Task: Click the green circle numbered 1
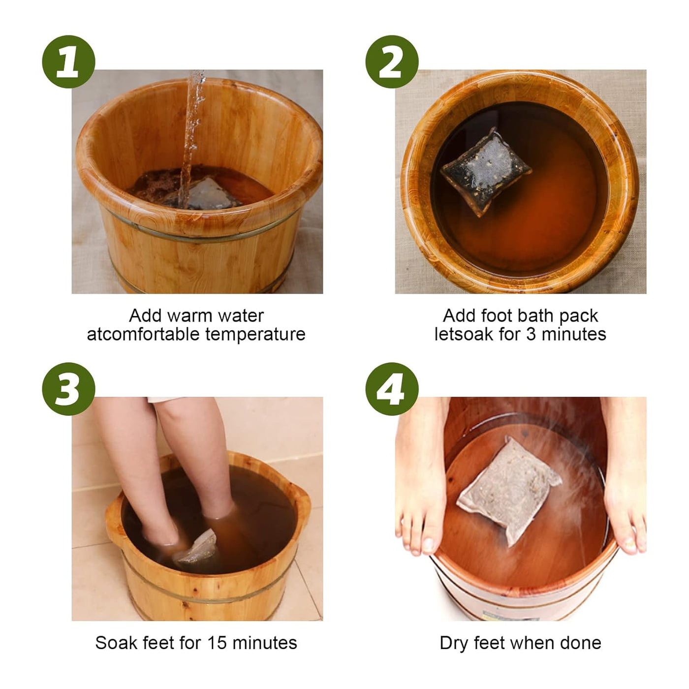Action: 68,62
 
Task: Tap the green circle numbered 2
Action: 392,62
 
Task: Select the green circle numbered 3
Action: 68,389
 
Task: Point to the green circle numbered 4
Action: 392,389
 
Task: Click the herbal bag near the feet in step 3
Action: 197,548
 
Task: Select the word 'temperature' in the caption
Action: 255,334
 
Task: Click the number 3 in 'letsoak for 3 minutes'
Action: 531,334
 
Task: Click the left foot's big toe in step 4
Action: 427,544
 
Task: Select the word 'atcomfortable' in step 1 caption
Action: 144,334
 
